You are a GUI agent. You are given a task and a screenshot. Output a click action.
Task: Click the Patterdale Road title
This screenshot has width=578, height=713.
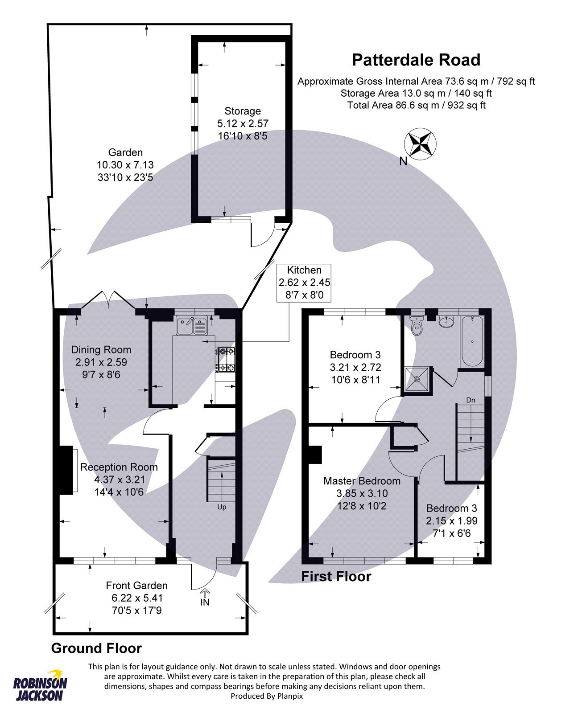416,60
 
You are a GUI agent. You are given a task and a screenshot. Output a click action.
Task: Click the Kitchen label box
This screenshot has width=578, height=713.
304,283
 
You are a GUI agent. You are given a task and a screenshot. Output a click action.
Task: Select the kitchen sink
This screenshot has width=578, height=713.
192,326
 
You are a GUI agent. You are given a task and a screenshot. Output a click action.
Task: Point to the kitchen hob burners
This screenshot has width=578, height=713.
226,359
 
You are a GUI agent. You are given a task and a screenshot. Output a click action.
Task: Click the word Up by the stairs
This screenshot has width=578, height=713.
222,507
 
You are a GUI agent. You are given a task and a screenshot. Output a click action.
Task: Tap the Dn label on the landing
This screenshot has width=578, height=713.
471,400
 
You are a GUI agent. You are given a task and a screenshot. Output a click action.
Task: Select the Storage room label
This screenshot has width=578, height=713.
242,111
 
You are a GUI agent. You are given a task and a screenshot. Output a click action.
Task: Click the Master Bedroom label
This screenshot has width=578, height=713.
362,481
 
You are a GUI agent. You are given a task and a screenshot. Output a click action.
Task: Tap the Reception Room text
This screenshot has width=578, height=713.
119,467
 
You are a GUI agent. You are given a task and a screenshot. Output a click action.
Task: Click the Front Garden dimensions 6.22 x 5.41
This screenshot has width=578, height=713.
137,598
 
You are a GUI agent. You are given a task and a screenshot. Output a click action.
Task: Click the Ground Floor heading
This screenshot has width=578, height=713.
96,648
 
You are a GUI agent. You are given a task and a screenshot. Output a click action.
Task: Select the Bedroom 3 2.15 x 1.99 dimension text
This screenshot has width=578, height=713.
451,520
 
